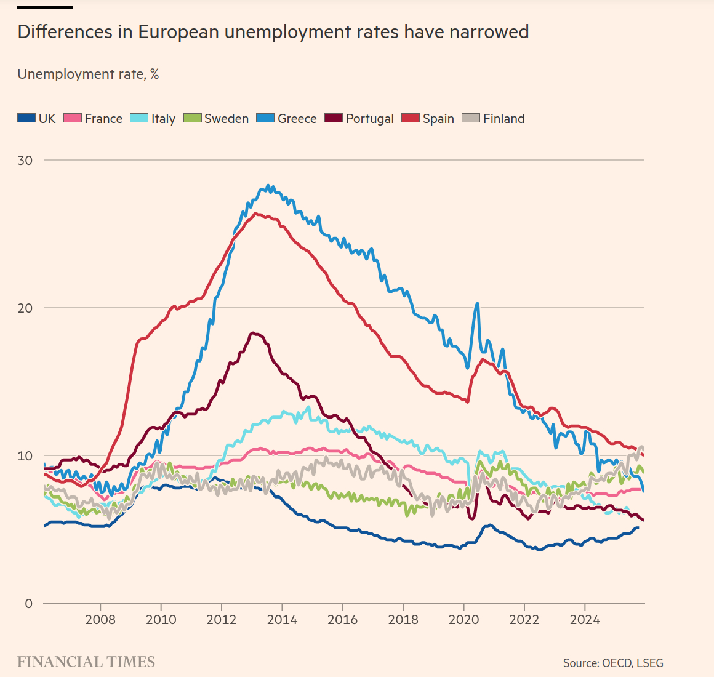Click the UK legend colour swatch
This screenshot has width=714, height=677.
[x=26, y=118]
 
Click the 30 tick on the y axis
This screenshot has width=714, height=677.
[x=25, y=160]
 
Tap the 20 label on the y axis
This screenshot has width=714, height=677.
[x=25, y=308]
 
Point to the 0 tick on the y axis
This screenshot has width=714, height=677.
[x=28, y=604]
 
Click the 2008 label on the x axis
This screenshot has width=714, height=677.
[x=100, y=619]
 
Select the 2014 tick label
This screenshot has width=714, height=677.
[x=282, y=619]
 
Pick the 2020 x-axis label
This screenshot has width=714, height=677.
[x=463, y=619]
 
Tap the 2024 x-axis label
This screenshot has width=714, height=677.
[x=585, y=619]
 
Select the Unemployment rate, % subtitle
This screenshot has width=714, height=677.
[x=88, y=74]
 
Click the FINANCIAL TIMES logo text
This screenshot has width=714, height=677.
[x=86, y=662]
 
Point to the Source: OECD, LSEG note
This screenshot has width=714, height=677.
[x=613, y=663]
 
